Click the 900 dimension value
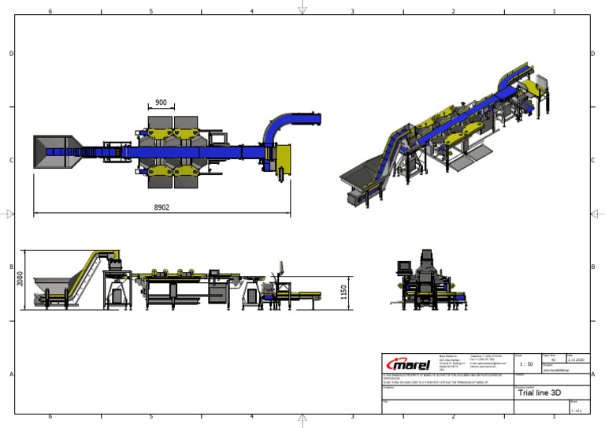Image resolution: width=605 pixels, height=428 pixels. coord(161,103)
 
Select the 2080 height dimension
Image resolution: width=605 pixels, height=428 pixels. coord(21,280)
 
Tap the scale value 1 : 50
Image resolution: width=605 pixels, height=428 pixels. coord(526,363)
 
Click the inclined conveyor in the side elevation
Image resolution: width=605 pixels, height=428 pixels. coord(87,277)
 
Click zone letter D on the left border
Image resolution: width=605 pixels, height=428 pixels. coord(11,54)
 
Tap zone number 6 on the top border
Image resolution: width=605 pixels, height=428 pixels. coord(50,12)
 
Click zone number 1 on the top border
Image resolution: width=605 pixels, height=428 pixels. coord(555,12)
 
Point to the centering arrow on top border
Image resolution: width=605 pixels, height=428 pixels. coord(302,10)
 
